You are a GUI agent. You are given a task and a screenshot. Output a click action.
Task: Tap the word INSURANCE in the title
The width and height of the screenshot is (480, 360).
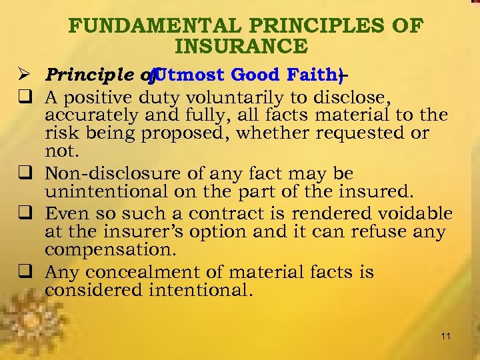[241, 47]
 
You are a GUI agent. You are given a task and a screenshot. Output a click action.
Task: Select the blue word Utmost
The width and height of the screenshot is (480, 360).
[190, 76]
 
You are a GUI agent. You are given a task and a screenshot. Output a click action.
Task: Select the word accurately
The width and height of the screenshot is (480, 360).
[87, 115]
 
